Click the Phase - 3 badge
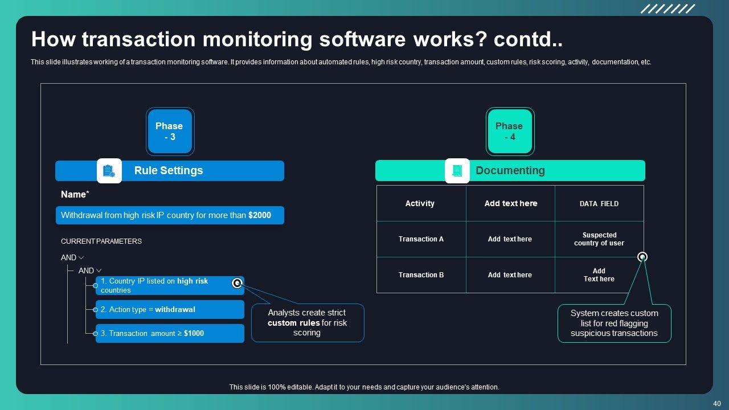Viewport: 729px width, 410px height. coord(170,132)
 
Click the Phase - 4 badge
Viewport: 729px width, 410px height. coord(509,132)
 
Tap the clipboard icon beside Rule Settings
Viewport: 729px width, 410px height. coord(109,171)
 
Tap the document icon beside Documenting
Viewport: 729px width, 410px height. coord(457,171)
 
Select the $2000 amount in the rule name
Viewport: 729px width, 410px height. coord(260,216)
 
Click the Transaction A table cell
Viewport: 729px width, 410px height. coord(421,239)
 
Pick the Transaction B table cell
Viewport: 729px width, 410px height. coord(421,275)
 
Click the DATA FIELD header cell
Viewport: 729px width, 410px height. coord(599,204)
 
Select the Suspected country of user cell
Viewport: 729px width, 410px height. coord(599,239)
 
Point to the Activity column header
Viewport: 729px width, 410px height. coord(420,203)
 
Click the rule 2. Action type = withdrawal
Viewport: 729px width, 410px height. coord(170,310)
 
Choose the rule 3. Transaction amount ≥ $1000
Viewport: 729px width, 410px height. coord(170,334)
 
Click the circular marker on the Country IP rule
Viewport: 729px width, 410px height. coord(237,283)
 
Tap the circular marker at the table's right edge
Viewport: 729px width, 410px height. coord(642,257)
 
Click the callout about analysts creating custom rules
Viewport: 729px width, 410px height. coord(307,323)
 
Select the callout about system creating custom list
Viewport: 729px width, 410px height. coord(614,323)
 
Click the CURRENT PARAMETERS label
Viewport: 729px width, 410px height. coord(101,241)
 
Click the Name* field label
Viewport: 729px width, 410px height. coord(75,195)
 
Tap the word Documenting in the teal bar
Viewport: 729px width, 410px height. coord(510,170)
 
